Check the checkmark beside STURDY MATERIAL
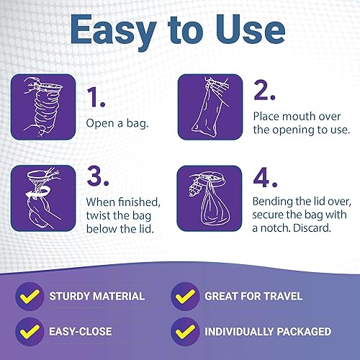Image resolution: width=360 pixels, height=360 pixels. click(x=30, y=295)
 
